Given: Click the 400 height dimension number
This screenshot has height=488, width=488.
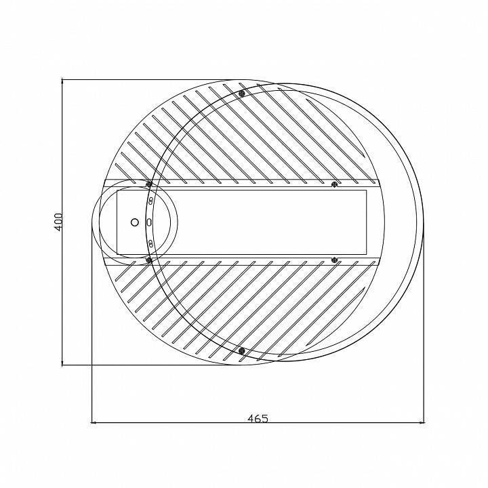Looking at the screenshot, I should (59, 222).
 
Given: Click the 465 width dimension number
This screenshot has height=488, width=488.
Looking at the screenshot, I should (258, 418).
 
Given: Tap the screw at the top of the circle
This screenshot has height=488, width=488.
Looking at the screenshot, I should (242, 94).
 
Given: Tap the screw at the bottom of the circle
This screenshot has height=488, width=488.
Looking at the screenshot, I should (242, 350).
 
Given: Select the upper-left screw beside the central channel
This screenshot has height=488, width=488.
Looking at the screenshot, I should (148, 184).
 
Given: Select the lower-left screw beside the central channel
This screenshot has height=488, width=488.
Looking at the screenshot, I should (148, 260).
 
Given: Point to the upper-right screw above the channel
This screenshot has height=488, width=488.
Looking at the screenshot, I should (333, 184).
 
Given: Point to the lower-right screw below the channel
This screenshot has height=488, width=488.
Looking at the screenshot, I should (333, 259).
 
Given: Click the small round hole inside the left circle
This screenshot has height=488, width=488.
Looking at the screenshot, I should (134, 222).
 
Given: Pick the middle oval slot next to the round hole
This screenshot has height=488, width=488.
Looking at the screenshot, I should (149, 222).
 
